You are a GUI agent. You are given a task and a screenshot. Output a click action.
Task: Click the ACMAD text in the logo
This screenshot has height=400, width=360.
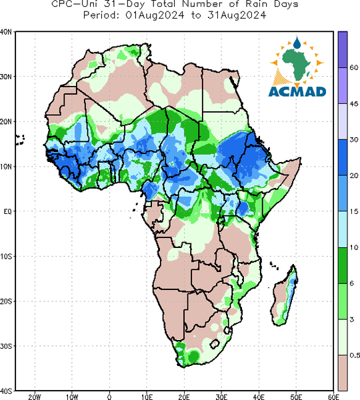[297, 92]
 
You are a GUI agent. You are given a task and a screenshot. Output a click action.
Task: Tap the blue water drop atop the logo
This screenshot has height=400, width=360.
[297, 43]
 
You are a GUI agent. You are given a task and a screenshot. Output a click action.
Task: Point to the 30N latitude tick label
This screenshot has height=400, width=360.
[5, 77]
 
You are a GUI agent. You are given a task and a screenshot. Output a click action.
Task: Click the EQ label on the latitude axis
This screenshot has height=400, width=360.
[7, 211]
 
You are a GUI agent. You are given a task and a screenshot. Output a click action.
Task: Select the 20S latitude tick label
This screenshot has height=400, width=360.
[5, 301]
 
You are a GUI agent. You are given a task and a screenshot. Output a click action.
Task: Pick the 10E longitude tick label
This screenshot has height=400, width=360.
[147, 397]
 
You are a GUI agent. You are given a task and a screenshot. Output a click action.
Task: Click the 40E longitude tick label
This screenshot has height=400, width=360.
[259, 397]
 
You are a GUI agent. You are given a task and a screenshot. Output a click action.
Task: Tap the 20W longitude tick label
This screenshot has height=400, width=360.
[35, 397]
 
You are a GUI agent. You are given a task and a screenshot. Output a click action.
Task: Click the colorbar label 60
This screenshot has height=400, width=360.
[354, 67]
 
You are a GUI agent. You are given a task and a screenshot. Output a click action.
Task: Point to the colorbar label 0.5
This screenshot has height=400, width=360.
[355, 355]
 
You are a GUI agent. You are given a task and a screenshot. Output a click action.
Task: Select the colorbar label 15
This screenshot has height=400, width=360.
[354, 211]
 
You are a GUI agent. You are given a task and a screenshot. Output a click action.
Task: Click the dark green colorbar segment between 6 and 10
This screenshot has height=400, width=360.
[343, 265]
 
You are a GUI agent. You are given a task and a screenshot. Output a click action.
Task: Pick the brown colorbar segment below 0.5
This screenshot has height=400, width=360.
[343, 373]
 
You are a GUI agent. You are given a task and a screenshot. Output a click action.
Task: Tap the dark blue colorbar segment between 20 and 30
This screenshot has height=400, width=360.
[343, 157]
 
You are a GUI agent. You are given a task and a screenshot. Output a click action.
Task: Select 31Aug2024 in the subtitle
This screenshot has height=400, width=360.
[237, 15]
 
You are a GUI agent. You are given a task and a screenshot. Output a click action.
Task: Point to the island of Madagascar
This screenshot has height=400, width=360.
[285, 295]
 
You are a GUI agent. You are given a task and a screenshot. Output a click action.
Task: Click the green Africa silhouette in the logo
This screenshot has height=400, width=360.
[297, 65]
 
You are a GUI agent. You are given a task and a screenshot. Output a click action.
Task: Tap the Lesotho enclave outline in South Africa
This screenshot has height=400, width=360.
[215, 344]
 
